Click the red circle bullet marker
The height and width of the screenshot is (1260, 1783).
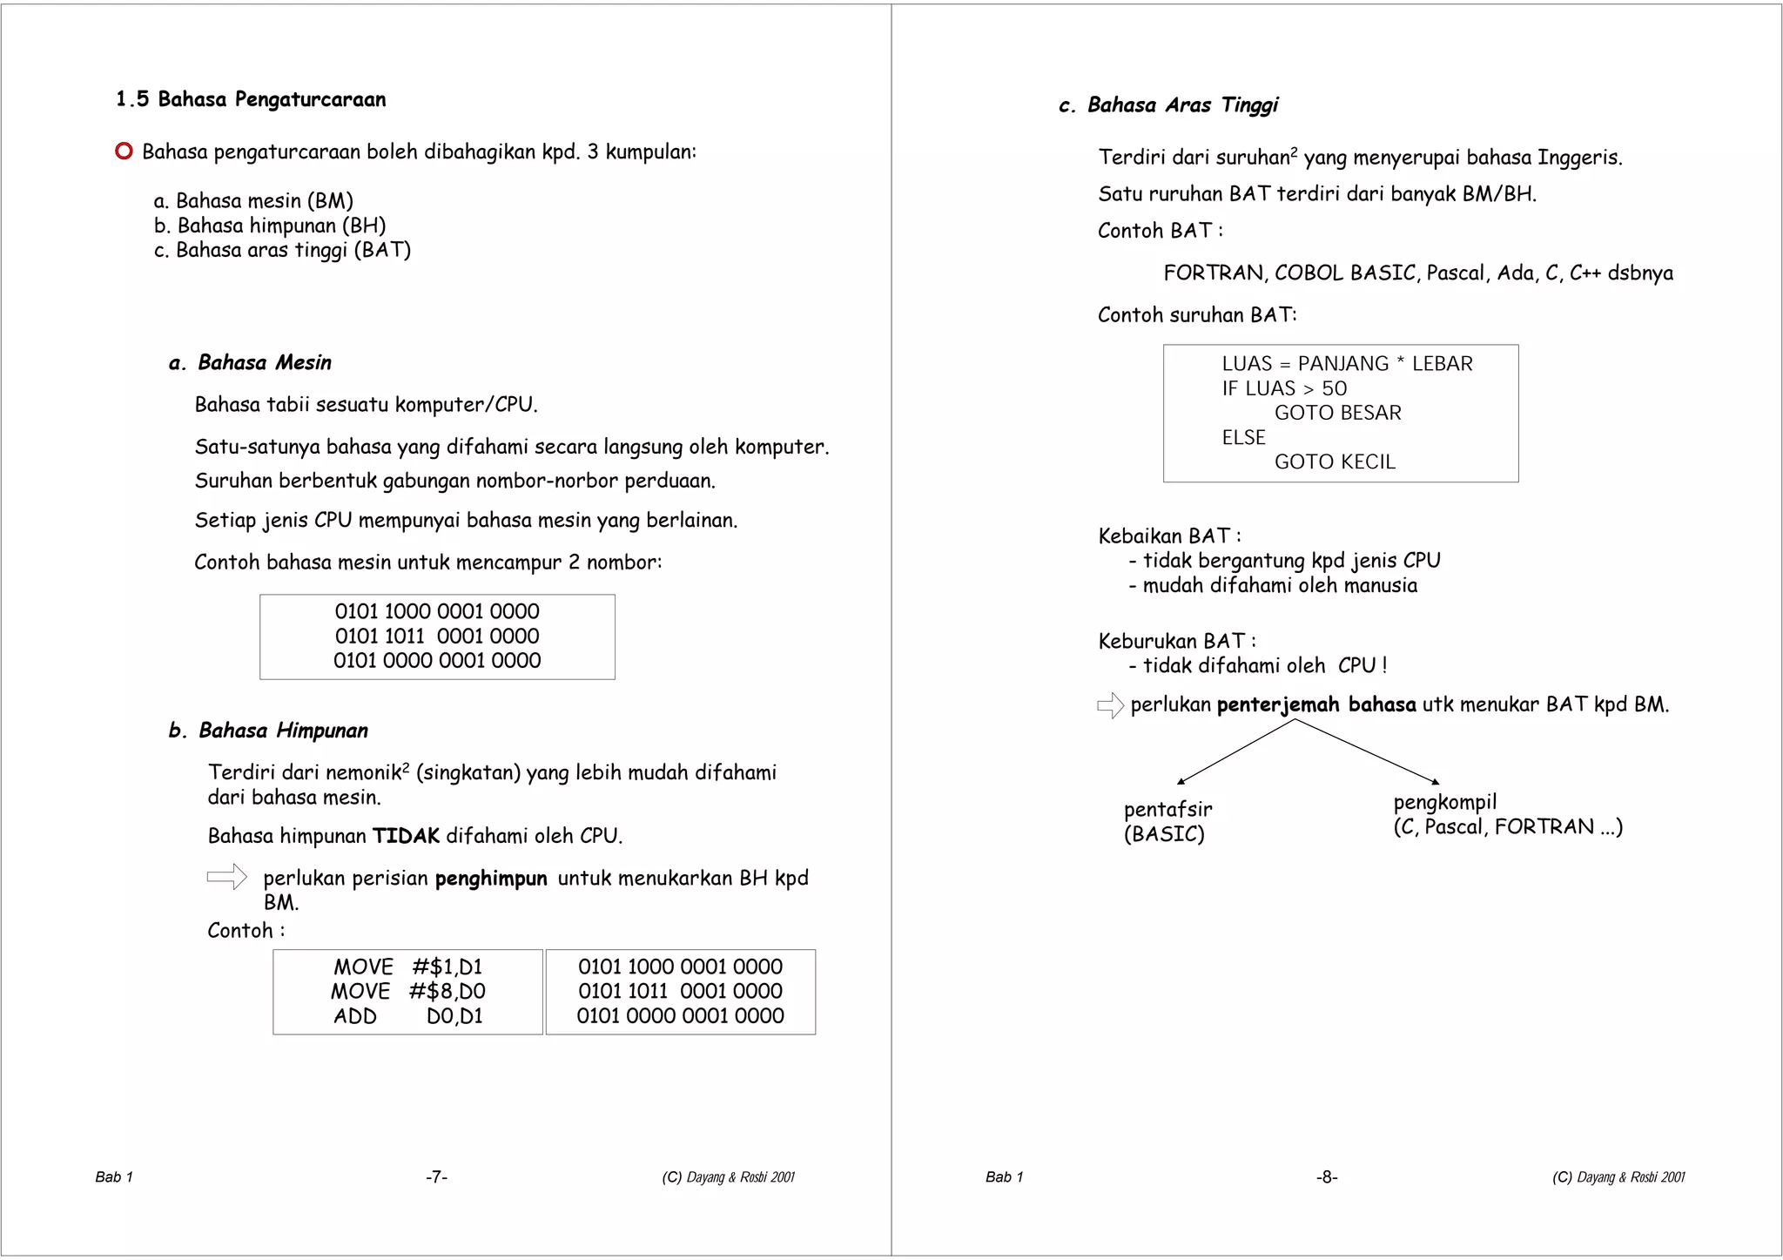click(x=124, y=152)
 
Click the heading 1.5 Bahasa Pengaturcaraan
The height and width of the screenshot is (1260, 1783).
click(x=251, y=99)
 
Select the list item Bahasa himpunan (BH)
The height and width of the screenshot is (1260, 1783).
click(x=270, y=226)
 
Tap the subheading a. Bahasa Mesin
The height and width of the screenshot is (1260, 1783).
click(x=251, y=362)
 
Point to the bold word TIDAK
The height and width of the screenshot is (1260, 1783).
click(x=407, y=836)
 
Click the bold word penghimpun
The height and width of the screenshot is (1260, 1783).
click(x=491, y=878)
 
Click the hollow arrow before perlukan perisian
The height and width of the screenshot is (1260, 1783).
click(x=227, y=877)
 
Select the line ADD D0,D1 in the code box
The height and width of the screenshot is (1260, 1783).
click(x=407, y=1016)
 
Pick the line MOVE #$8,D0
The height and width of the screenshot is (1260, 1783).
click(x=407, y=991)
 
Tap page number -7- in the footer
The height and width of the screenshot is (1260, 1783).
click(x=436, y=1177)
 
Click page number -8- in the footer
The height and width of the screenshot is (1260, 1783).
click(x=1327, y=1177)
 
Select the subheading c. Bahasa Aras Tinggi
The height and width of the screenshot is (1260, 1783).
click(x=1168, y=105)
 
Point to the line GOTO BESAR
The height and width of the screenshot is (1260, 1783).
click(x=1338, y=413)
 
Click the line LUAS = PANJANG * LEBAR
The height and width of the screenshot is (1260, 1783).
click(x=1347, y=364)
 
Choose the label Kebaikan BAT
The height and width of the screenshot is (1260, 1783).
click(x=1168, y=536)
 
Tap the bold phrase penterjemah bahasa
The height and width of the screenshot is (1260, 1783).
click(x=1316, y=704)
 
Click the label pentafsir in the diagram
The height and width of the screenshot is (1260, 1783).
click(x=1167, y=809)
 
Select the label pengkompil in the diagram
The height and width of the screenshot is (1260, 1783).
click(x=1444, y=802)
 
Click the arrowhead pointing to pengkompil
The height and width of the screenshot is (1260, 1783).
click(x=1435, y=781)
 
